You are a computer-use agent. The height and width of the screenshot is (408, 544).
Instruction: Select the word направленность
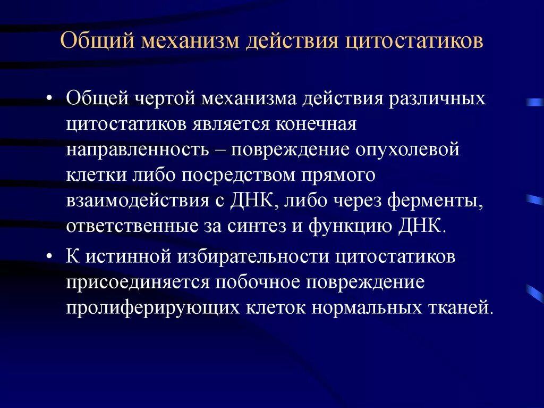(x=137, y=150)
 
